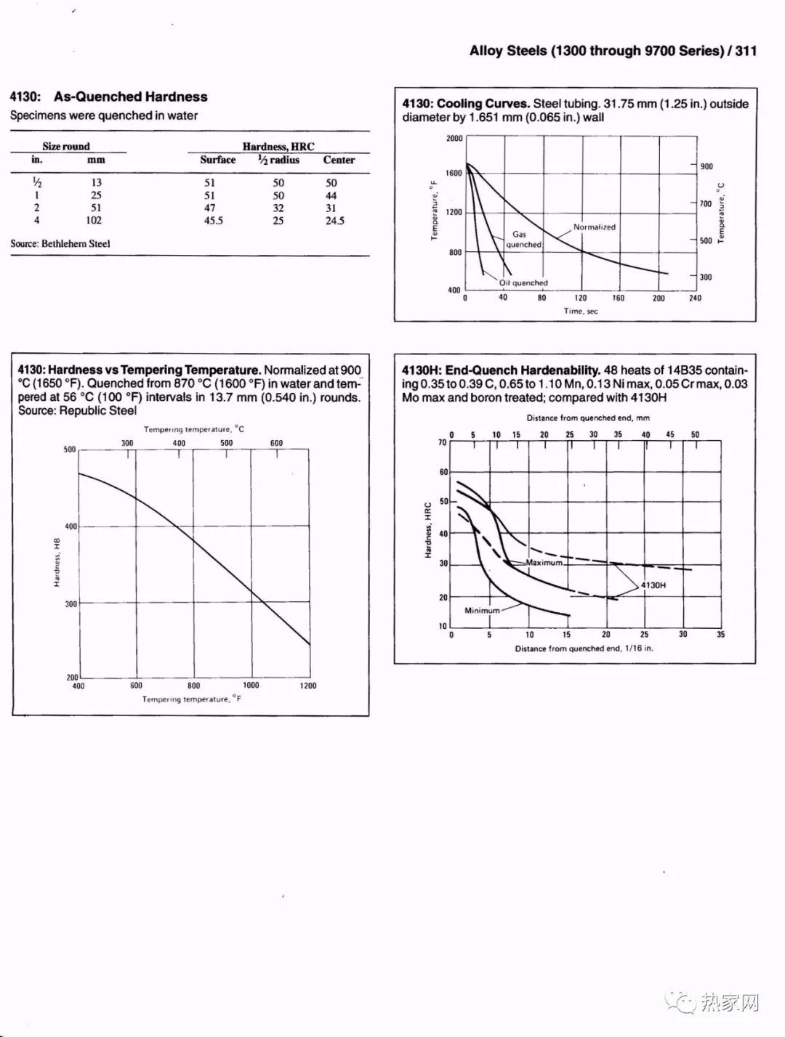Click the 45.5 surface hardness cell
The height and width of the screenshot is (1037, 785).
(213, 221)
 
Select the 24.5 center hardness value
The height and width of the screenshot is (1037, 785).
(334, 221)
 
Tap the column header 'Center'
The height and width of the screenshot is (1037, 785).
(339, 160)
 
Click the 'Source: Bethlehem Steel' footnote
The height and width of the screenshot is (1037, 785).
(60, 244)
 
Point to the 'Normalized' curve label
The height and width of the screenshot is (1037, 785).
(594, 227)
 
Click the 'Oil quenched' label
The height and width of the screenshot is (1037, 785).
(523, 283)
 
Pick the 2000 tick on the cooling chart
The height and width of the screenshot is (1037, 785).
(454, 139)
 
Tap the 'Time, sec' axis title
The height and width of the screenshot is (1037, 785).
(581, 312)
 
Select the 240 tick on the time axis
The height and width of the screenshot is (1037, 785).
(695, 298)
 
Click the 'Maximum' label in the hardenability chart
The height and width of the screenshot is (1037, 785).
(544, 563)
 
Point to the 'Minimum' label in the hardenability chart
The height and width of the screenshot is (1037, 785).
(482, 611)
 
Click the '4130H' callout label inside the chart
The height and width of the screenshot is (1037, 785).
(653, 585)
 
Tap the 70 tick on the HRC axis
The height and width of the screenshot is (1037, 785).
(443, 442)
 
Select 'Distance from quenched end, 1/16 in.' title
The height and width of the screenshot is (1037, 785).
(584, 648)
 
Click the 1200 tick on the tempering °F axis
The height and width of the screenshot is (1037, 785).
(308, 686)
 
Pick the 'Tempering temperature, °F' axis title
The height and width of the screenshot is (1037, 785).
(192, 699)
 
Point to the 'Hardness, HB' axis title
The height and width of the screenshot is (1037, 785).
(57, 562)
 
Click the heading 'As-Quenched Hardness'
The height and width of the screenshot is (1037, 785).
(131, 97)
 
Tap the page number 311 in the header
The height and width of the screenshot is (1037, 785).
(746, 51)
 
